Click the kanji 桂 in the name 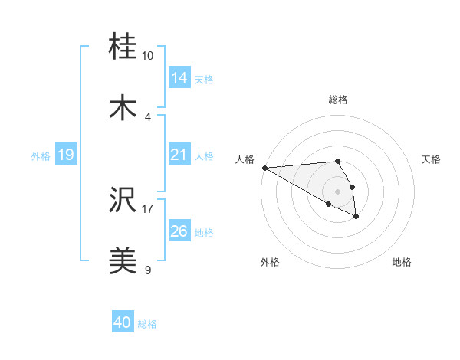pyautogui.click(x=124, y=48)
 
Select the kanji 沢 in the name pyautogui.click(x=124, y=201)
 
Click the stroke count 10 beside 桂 pyautogui.click(x=147, y=56)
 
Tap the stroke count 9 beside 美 pyautogui.click(x=147, y=270)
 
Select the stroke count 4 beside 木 pyautogui.click(x=147, y=116)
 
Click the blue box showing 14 pyautogui.click(x=179, y=78)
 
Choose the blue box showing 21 pyautogui.click(x=179, y=155)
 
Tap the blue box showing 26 pyautogui.click(x=179, y=231)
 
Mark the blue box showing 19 pyautogui.click(x=66, y=155)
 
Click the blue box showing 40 pyautogui.click(x=123, y=323)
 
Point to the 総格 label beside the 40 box pyautogui.click(x=147, y=324)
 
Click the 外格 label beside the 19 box pyautogui.click(x=41, y=155)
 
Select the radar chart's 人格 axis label pyautogui.click(x=245, y=159)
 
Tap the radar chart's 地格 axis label pyautogui.click(x=402, y=262)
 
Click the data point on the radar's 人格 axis pyautogui.click(x=264, y=168)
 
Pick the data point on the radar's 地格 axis pyautogui.click(x=356, y=217)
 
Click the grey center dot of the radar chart pyautogui.click(x=337, y=191)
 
